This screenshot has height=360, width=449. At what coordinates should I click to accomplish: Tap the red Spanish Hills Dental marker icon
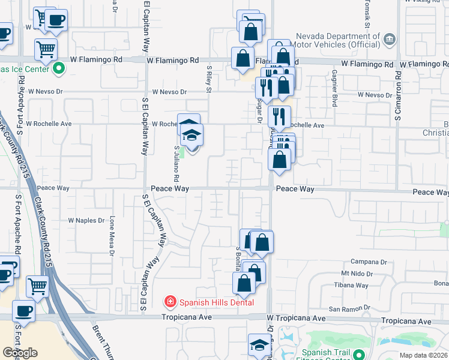(x=170, y=301)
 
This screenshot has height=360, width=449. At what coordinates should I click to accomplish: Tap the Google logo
(x=20, y=353)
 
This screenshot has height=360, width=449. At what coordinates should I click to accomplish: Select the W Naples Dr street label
(x=86, y=221)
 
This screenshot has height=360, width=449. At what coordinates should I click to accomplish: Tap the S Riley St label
(x=209, y=80)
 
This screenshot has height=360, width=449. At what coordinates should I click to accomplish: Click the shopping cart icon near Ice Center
(x=46, y=50)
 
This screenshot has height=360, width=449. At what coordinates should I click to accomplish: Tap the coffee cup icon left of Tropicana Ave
(x=23, y=311)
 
